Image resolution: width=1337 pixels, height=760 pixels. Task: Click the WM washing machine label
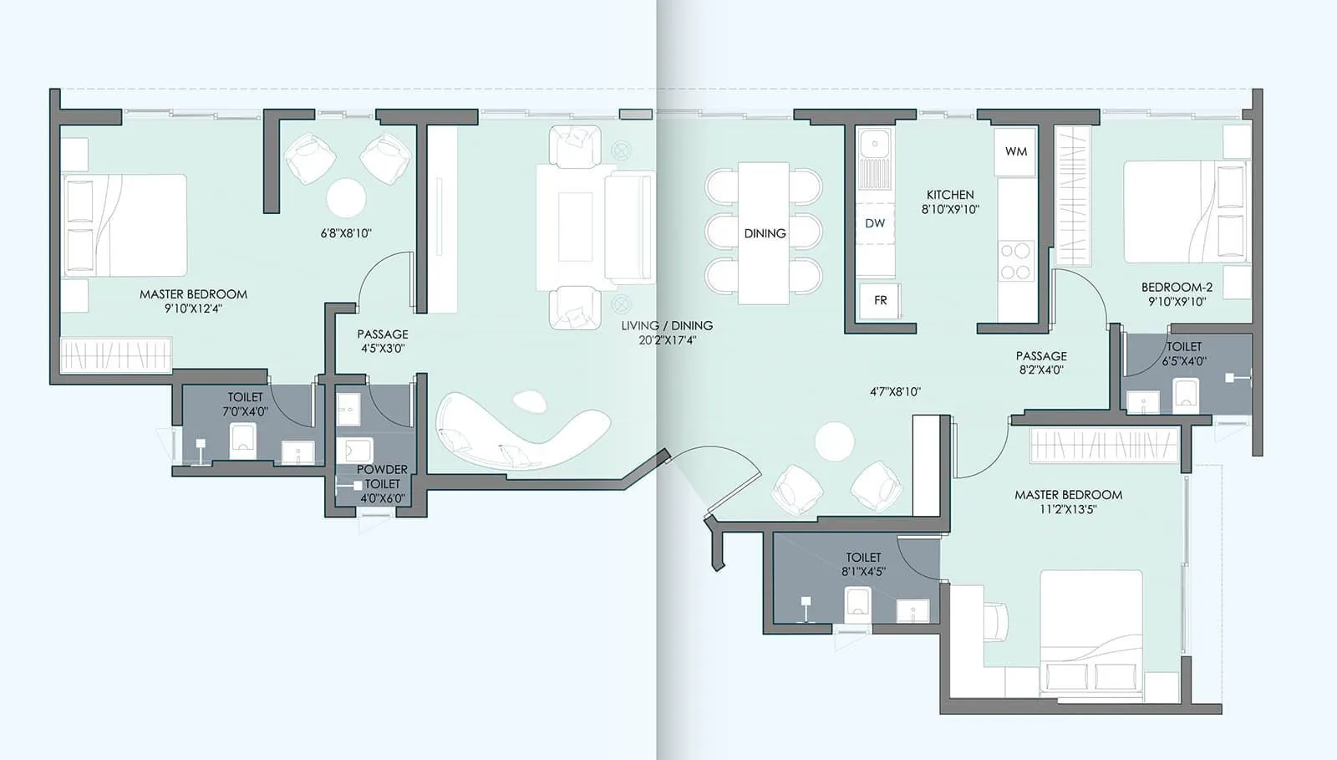coord(1016,151)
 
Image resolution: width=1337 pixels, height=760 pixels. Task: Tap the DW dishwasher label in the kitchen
coord(875,223)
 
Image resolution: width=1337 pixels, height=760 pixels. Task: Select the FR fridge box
coord(880,300)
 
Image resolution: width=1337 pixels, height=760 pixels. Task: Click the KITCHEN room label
coord(950,195)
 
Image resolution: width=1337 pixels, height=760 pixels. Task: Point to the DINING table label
coord(765,233)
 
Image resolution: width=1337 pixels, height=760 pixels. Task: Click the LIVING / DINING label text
coord(667,325)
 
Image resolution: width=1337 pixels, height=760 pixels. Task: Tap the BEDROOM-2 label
coord(1177,287)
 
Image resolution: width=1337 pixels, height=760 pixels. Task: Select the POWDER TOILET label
coord(382,477)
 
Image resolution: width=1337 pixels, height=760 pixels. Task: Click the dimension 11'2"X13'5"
coord(1068,509)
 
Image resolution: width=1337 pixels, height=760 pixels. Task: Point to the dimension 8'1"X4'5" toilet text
coord(863,572)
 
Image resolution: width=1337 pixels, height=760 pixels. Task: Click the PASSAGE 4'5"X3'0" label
coord(383,341)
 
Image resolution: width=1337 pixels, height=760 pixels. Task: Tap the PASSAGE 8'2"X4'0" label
coord(1041,363)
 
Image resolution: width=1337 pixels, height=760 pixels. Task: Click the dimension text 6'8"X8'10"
coord(346,233)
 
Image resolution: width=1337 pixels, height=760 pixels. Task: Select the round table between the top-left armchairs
coord(346,199)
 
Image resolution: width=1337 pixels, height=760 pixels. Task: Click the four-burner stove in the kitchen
coord(1016,261)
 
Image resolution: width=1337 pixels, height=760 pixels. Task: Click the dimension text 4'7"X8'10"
coord(895,391)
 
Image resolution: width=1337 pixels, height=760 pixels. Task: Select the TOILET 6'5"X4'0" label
coord(1184,354)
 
